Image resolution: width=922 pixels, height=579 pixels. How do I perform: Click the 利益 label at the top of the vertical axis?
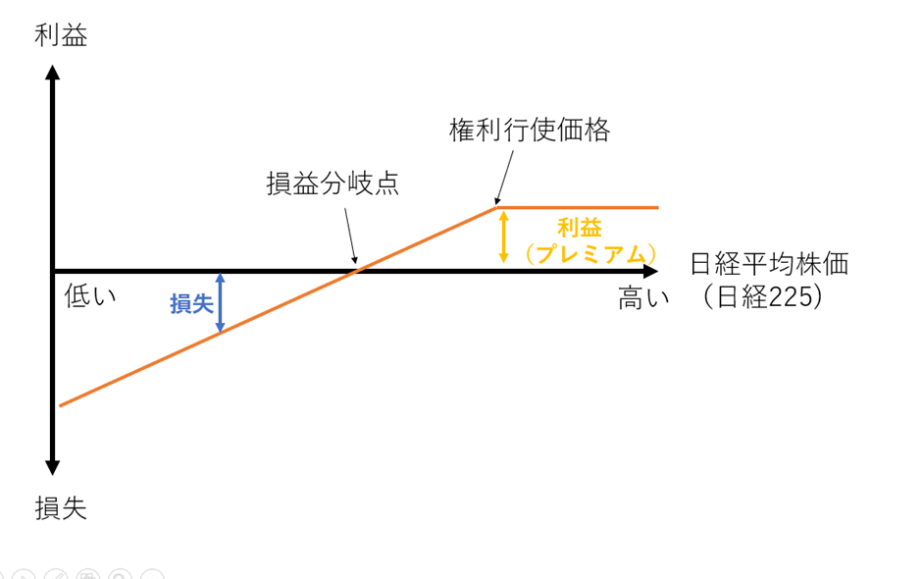pos(61,36)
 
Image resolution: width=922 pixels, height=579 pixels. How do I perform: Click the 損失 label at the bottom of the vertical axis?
pos(61,507)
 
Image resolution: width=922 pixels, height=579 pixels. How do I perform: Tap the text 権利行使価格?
pos(530,131)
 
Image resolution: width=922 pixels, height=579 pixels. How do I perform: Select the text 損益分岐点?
pos(333,184)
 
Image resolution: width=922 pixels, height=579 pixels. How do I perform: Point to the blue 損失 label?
pos(191,304)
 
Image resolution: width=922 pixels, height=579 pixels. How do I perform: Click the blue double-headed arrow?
pos(220,301)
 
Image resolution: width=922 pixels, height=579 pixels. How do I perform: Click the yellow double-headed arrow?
pos(503,236)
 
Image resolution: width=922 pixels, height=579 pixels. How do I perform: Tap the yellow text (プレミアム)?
pos(589,254)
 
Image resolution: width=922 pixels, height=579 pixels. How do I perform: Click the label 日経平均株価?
pos(769,265)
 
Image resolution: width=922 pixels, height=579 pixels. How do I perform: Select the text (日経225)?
pos(761,297)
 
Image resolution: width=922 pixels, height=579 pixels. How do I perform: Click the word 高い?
pos(643,297)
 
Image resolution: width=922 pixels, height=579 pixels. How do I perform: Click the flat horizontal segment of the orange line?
pos(579,208)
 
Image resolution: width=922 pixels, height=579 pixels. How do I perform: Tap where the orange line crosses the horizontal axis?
pos(358,270)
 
